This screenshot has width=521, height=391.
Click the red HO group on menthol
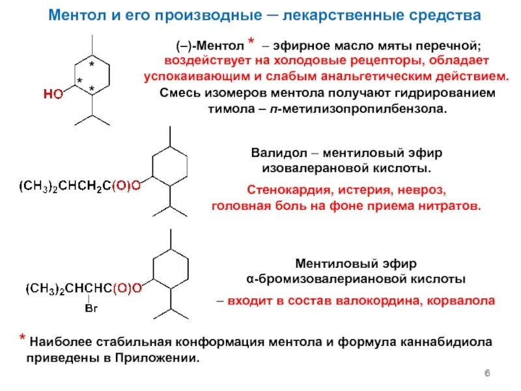[53, 94]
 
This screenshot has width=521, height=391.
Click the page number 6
[487, 372]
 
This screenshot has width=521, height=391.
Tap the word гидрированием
[436, 93]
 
